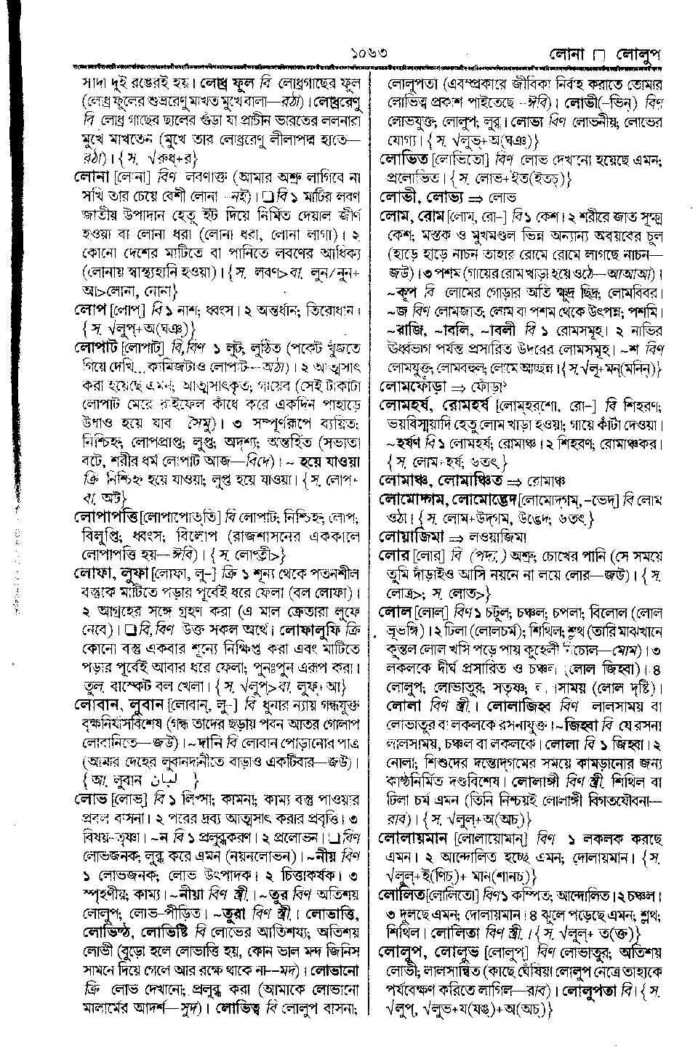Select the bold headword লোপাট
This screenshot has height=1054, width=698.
tap(97, 344)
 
